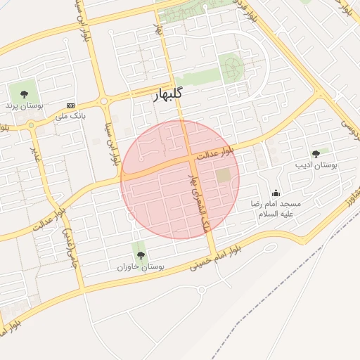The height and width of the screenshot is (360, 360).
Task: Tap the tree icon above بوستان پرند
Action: [x=25, y=93]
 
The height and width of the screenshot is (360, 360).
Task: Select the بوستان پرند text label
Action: [x=25, y=105]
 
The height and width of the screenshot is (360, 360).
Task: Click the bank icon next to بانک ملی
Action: [x=70, y=105]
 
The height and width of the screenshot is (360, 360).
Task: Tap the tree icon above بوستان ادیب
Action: [x=316, y=153]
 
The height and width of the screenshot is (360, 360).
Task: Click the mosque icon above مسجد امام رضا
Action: [x=276, y=192]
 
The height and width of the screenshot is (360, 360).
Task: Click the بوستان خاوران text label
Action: [x=141, y=267]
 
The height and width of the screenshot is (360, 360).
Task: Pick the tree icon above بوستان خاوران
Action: [x=140, y=255]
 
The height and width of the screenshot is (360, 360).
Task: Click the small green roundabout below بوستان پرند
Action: [x=30, y=126]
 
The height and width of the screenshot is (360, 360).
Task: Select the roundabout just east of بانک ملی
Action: [x=105, y=101]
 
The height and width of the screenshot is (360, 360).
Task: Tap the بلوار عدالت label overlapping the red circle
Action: [x=214, y=153]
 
